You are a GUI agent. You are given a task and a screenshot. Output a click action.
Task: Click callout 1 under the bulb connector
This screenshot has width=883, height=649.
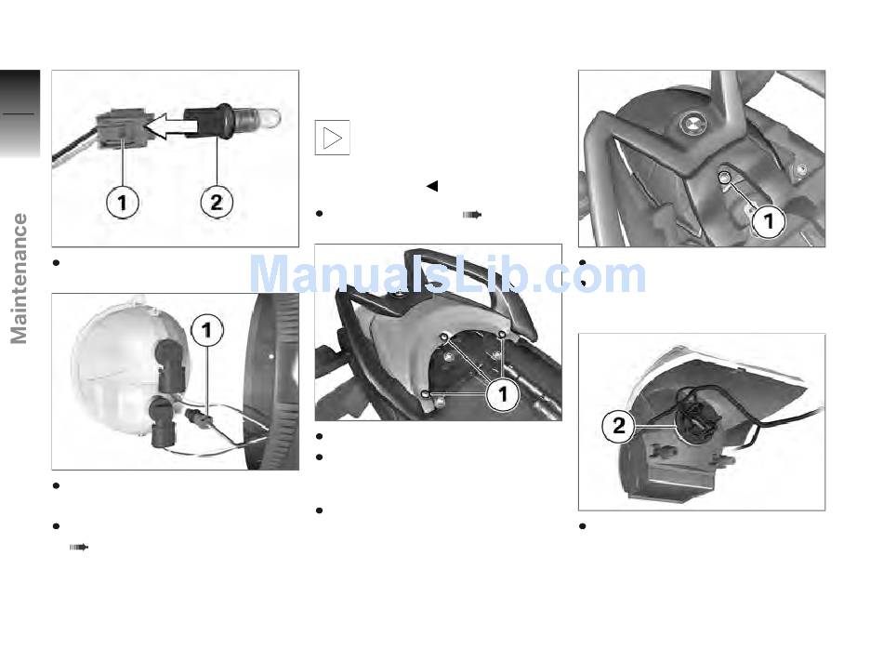[122, 202]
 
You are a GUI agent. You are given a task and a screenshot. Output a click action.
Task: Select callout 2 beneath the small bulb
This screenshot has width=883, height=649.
[217, 202]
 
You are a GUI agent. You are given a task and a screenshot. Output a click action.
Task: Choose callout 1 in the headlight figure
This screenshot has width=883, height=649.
[207, 330]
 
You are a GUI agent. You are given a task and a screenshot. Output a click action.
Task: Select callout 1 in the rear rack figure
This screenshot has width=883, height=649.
[503, 394]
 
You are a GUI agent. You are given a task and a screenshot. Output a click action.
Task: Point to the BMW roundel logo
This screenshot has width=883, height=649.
[692, 125]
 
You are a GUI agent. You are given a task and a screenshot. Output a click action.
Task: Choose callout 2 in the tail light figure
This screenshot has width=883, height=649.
[618, 425]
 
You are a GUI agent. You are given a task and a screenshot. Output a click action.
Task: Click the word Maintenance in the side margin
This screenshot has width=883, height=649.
[19, 278]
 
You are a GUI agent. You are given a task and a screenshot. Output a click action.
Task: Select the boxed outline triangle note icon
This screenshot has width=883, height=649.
[332, 138]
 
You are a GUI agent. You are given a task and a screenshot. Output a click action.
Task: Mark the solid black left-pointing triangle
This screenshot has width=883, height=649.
[432, 186]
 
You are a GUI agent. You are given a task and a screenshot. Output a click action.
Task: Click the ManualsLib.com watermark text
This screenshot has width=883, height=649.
[447, 275]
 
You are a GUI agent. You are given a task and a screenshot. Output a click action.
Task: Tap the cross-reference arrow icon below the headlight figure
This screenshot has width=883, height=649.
[79, 547]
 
